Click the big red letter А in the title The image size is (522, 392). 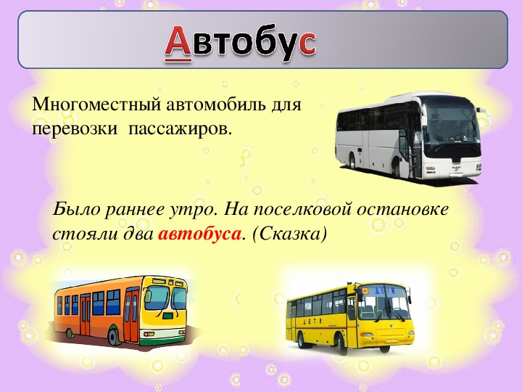178,43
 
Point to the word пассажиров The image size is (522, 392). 180,128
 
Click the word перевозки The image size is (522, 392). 75,128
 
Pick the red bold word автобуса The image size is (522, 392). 199,234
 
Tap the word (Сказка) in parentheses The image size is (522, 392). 289,234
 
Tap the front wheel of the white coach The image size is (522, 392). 396,168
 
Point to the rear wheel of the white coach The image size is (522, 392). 352,162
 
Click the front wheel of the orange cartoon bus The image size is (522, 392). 114,336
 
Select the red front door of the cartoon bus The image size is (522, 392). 131,316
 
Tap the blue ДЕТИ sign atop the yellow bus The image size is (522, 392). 385,290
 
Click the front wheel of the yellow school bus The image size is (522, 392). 341,343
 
